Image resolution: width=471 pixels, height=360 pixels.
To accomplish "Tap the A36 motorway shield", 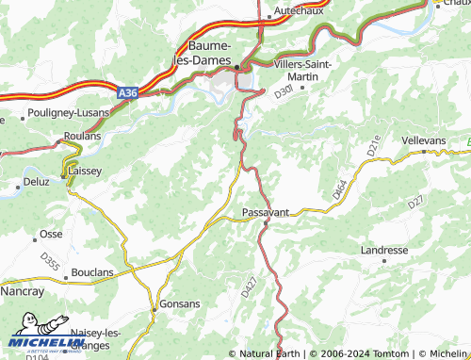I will click(x=129, y=92).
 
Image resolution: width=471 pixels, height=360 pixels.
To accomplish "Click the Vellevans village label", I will click(x=422, y=139).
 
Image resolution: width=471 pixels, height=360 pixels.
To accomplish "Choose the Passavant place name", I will click(x=266, y=213).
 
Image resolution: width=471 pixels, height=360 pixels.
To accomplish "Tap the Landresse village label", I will click(x=384, y=250).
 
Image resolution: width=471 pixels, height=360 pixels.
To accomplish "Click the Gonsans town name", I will click(x=179, y=303).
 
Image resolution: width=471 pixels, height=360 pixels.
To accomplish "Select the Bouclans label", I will click(x=92, y=272).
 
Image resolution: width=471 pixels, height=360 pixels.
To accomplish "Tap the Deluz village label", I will click(x=36, y=180).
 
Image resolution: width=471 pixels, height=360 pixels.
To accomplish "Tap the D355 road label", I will click(x=50, y=265).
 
